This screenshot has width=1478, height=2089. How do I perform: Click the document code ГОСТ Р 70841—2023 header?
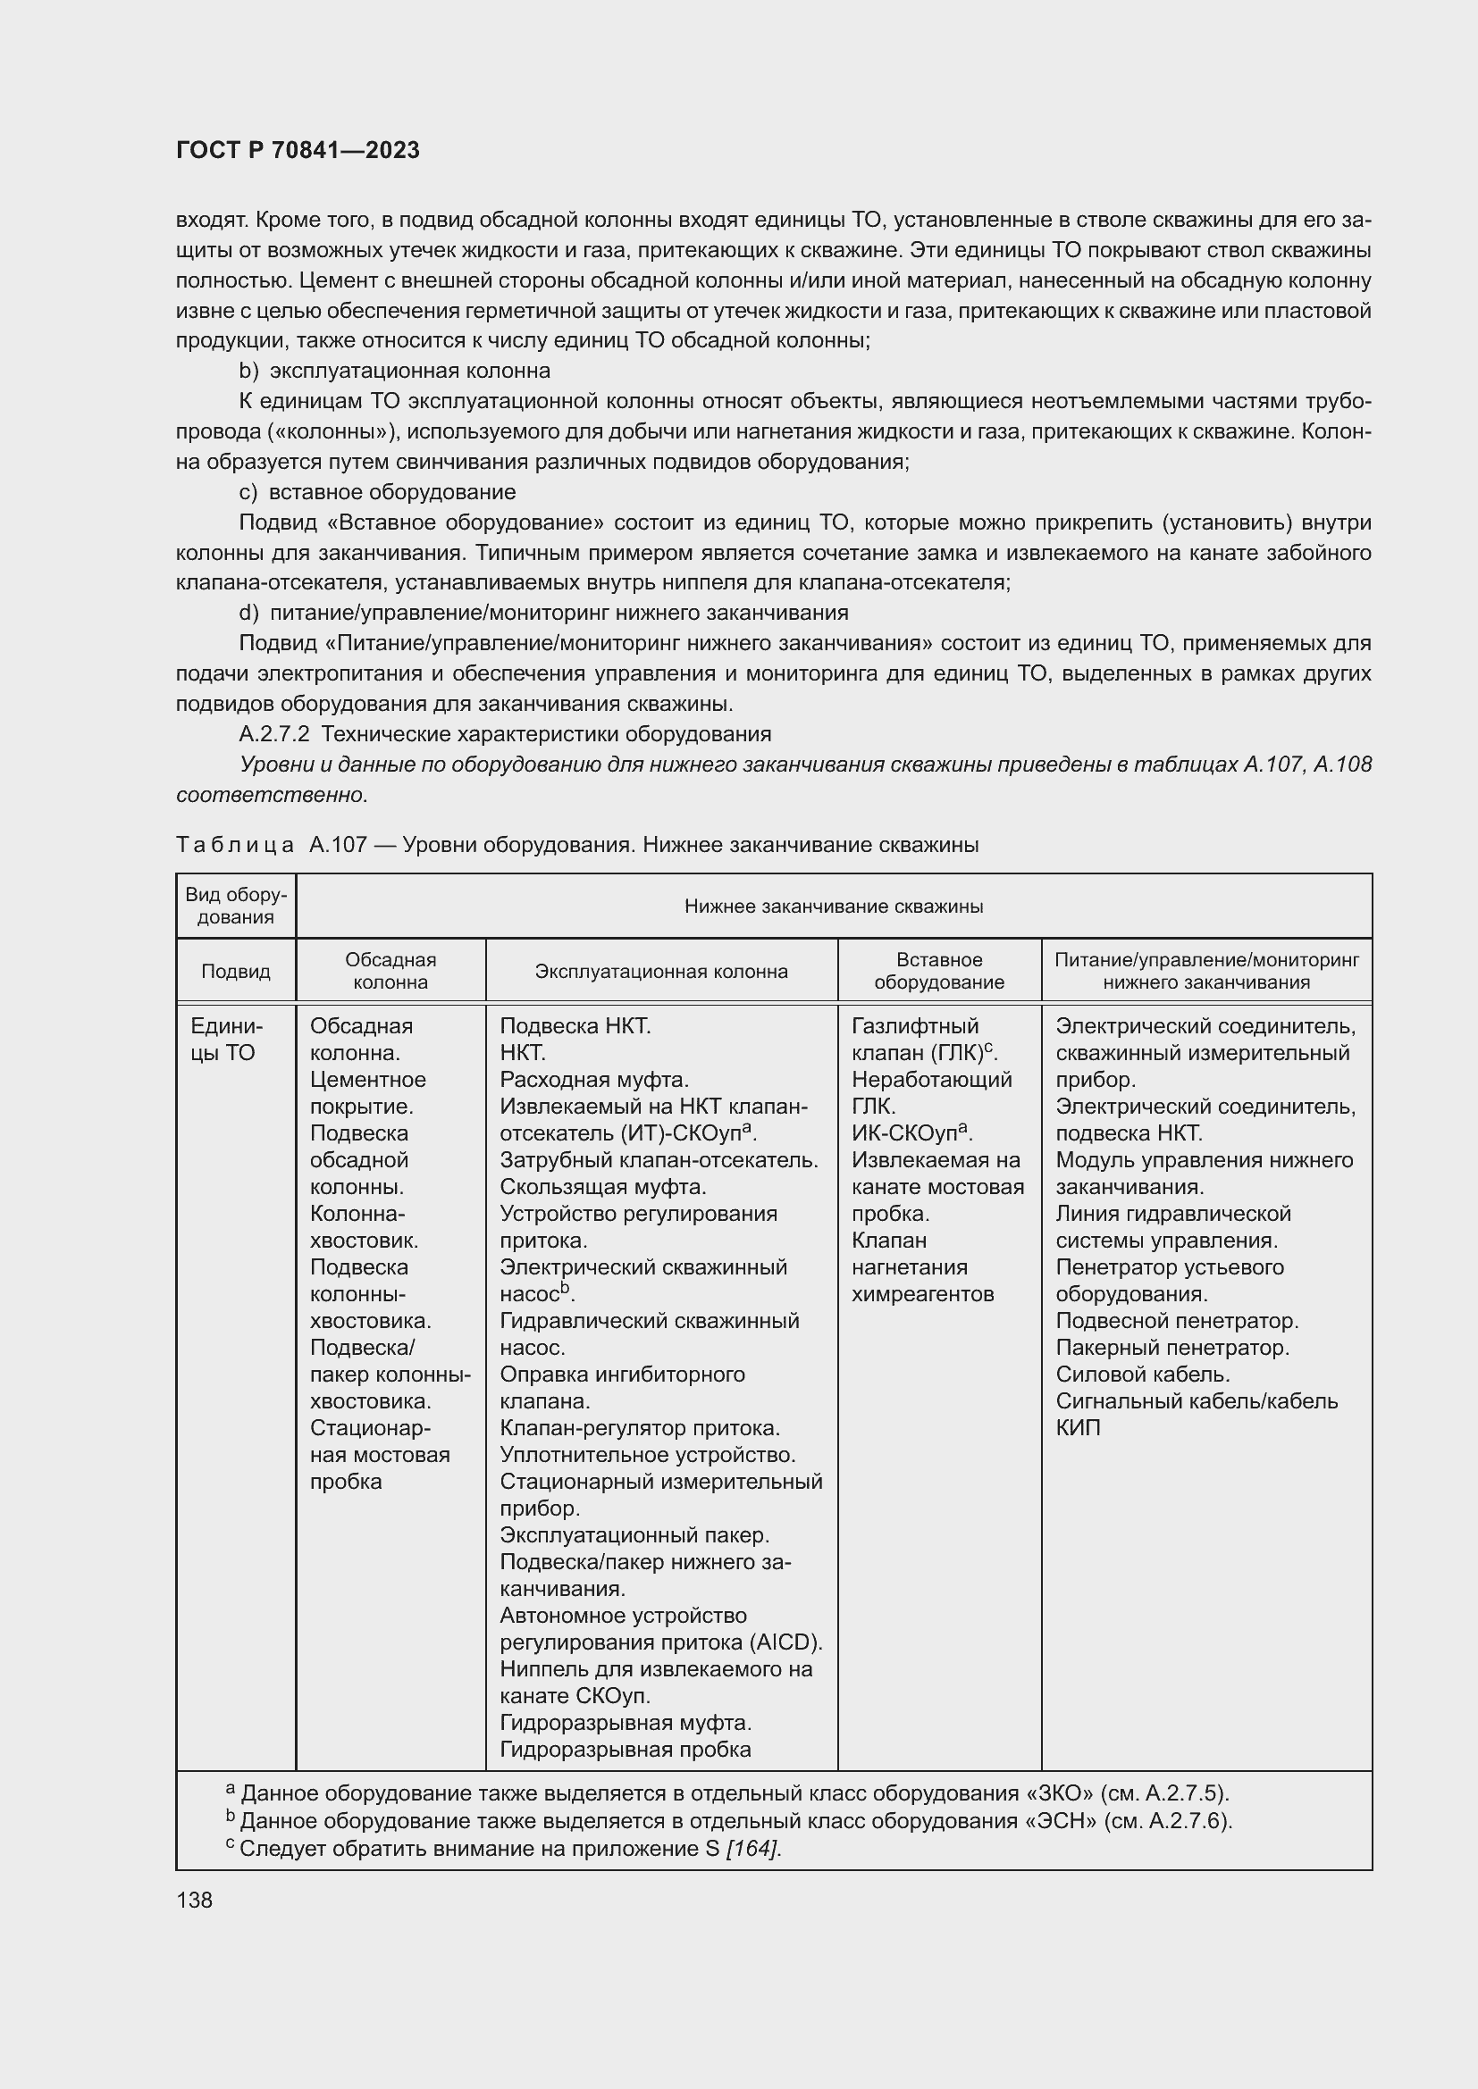298,150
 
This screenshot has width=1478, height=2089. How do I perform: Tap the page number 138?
194,1900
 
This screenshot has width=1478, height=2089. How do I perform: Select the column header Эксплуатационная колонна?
660,971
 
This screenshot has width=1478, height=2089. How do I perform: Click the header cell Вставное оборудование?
938,971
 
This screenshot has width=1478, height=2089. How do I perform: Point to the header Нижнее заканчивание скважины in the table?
833,907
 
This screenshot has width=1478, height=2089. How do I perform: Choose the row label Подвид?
236,971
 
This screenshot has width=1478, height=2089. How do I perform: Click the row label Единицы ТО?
226,1039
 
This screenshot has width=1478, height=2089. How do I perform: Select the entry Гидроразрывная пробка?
626,1750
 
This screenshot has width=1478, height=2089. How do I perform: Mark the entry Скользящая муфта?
602,1186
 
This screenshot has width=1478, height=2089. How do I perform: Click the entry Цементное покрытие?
367,1092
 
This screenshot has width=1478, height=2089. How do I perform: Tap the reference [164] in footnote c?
752,1849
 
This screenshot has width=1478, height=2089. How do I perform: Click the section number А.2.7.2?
274,734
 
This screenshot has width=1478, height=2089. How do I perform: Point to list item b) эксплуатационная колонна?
394,372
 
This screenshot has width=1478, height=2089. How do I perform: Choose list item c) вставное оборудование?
377,492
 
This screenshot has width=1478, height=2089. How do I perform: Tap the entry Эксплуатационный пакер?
634,1535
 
